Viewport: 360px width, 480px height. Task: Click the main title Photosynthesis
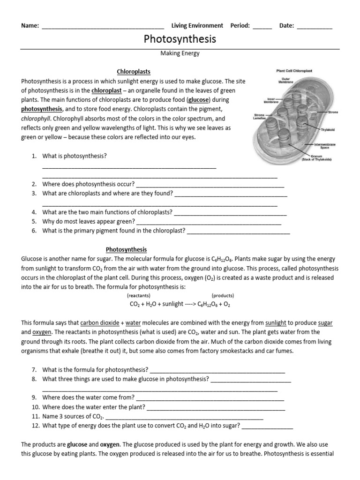click(x=180, y=39)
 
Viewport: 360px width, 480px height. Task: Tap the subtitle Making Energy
click(x=180, y=53)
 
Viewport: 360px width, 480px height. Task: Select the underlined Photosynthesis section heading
click(x=126, y=249)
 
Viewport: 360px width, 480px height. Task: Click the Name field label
click(x=30, y=26)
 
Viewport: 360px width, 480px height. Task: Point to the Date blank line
click(x=315, y=26)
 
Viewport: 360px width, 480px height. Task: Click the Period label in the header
click(x=240, y=26)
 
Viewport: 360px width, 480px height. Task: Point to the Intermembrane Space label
click(x=324, y=146)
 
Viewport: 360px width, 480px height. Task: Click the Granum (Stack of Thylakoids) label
click(x=316, y=158)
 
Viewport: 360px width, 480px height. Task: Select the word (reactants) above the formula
click(x=138, y=296)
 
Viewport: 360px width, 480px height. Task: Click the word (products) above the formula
click(x=223, y=296)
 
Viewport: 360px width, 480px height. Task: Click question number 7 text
click(x=95, y=370)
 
